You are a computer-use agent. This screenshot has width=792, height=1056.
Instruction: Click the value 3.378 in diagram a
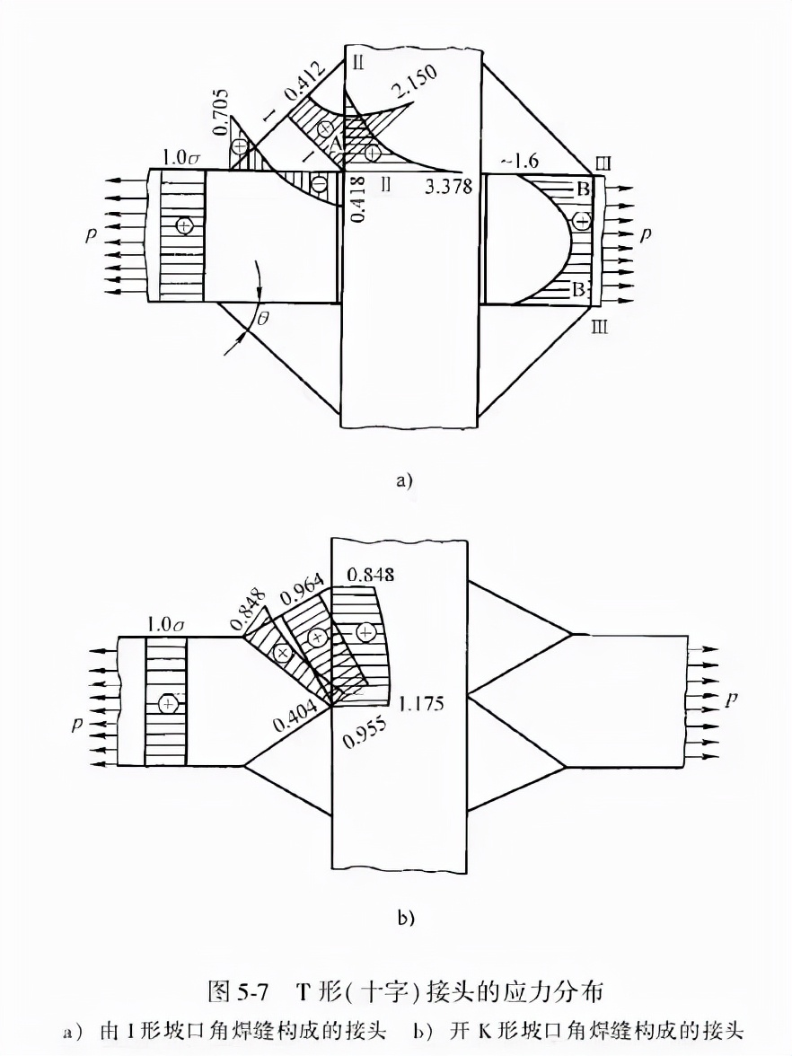tap(449, 185)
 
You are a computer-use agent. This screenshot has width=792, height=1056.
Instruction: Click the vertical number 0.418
tap(359, 198)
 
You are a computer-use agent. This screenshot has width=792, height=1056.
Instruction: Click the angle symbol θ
tap(262, 318)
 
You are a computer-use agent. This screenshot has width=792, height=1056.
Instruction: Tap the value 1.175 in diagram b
tap(421, 704)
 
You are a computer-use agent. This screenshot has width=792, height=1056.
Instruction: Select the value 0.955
tap(365, 733)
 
